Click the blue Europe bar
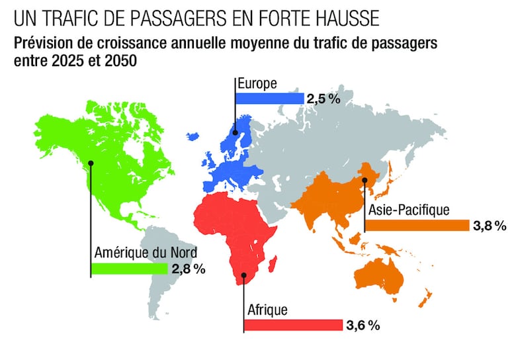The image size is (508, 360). (270, 99)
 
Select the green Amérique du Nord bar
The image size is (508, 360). (129, 269)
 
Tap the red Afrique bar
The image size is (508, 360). (293, 325)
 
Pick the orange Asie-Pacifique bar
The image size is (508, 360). (417, 226)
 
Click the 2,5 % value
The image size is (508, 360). (323, 99)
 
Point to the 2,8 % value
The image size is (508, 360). (189, 269)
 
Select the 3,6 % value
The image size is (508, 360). (363, 326)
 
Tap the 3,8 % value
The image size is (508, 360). (489, 226)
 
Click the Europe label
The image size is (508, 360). (257, 83)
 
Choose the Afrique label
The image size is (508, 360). (267, 310)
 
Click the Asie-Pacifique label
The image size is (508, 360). (409, 210)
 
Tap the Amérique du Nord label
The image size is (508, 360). (146, 252)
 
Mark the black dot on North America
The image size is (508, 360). (91, 163)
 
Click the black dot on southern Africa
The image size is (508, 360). (244, 275)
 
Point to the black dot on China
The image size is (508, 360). (365, 180)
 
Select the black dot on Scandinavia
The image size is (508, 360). (235, 132)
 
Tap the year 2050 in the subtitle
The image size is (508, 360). (121, 61)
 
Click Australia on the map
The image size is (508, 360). (379, 276)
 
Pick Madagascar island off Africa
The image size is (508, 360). (273, 264)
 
